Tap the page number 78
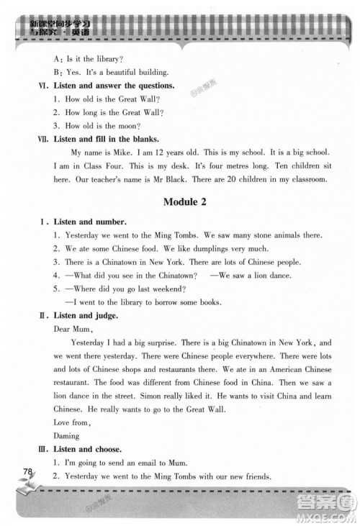[x=29, y=471]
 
